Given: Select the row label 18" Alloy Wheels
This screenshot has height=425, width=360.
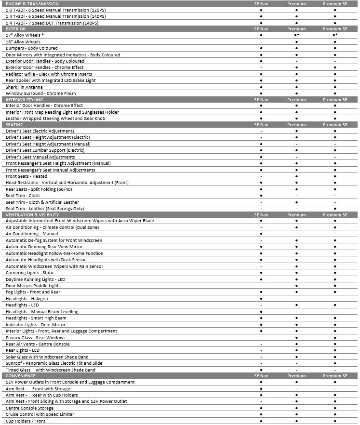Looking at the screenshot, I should [x=23, y=42].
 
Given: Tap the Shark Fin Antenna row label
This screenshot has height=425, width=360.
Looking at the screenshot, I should [x=24, y=87].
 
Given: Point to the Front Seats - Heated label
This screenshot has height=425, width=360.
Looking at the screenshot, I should [x=27, y=176].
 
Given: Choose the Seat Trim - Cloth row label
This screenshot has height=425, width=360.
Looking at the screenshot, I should [x=23, y=196].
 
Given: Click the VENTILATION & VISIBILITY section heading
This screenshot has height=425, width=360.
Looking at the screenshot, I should [x=32, y=214].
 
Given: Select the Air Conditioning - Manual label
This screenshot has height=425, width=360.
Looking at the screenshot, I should [x=32, y=234].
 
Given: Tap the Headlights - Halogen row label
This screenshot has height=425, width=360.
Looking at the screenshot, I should [x=27, y=299].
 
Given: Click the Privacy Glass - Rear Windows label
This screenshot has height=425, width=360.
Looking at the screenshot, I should [x=36, y=338].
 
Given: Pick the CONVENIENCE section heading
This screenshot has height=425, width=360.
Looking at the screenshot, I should [x=21, y=376].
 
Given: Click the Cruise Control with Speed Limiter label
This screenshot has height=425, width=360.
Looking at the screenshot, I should [x=40, y=414].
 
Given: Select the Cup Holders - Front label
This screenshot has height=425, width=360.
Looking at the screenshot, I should [x=26, y=421].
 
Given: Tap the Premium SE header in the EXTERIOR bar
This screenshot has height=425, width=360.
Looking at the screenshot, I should [x=335, y=29].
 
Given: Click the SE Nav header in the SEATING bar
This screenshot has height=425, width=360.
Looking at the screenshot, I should [x=261, y=125].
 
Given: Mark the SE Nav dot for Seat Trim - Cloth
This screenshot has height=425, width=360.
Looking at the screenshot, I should [x=261, y=196].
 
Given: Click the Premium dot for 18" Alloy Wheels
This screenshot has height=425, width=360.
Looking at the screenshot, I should [x=296, y=42].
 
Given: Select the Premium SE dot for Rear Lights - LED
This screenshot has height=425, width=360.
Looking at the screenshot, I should [x=335, y=350].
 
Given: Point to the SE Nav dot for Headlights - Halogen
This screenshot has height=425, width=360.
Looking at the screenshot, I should [x=261, y=299].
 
